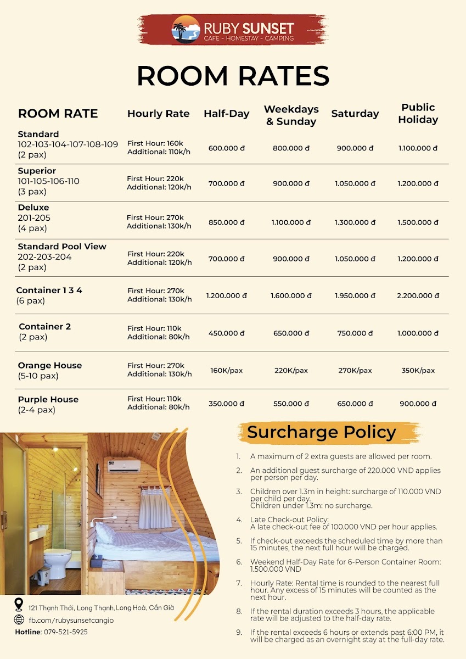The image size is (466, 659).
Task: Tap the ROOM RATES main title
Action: click(233, 76)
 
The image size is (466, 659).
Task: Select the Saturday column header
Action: click(355, 114)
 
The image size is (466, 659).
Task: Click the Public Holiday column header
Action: click(418, 114)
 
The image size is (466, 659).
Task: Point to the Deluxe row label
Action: click(33, 208)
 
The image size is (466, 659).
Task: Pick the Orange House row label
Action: click(49, 366)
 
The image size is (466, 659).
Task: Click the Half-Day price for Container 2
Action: click(227, 333)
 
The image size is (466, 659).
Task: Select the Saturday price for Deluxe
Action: click(355, 222)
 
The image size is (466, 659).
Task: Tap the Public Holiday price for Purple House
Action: click(418, 404)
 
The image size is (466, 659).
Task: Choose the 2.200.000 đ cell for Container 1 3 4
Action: click(418, 295)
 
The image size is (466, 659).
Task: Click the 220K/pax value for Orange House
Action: click(291, 371)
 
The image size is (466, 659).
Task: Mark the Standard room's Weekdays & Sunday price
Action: click(291, 148)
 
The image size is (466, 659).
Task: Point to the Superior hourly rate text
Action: click(159, 183)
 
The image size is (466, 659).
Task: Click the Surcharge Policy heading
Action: click(321, 432)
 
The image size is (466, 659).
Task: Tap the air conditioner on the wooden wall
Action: click(123, 466)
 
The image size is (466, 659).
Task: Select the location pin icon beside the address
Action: click(19, 605)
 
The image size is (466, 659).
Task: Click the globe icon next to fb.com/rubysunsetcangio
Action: click(19, 619)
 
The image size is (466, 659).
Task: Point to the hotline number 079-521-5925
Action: click(65, 632)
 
